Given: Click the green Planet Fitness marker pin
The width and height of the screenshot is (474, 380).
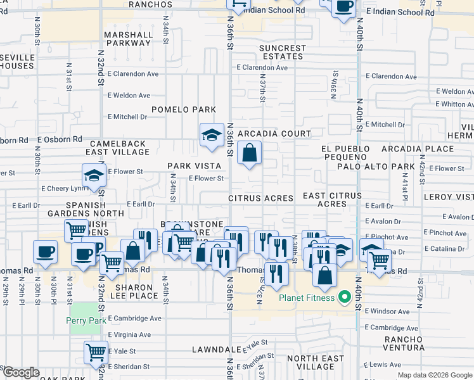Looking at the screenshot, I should pos(345,296).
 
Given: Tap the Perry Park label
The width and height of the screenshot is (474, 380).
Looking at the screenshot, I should pos(86,320).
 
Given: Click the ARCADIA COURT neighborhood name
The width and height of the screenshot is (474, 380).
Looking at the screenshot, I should pos(274,134).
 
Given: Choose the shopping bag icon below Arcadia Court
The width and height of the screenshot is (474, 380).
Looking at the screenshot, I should pos(250,153).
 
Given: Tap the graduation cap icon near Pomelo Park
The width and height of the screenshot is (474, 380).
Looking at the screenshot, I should pos(212,135).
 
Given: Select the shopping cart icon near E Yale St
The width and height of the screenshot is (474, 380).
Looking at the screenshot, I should pos(96,351).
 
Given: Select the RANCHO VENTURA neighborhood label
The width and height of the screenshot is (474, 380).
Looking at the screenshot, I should pos(404,343).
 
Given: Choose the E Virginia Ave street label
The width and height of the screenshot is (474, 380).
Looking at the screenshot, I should pos(129,334).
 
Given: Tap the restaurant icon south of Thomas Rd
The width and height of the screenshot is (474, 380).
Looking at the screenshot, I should pos(276,273).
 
